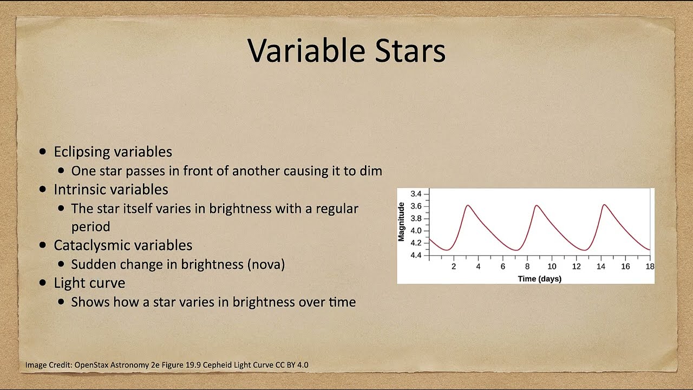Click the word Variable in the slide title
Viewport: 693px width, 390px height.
(306, 50)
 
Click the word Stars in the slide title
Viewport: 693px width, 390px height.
(410, 51)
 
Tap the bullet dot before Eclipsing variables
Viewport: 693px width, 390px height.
(43, 152)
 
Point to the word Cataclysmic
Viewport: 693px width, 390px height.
(92, 246)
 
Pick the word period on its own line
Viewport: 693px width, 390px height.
(90, 227)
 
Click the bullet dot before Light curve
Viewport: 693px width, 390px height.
(43, 283)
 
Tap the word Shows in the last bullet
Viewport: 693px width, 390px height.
(90, 302)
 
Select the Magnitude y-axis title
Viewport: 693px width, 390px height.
(401, 222)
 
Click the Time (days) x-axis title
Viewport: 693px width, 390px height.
(540, 279)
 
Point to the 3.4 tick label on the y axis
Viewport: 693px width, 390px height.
(416, 194)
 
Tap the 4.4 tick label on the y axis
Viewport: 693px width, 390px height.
(416, 255)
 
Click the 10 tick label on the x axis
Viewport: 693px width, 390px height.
(552, 266)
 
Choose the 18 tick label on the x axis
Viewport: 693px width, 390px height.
(650, 266)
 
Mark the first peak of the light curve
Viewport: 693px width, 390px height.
(467, 205)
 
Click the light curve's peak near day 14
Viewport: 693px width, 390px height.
(604, 205)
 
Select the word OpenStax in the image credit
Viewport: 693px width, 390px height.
(91, 365)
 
